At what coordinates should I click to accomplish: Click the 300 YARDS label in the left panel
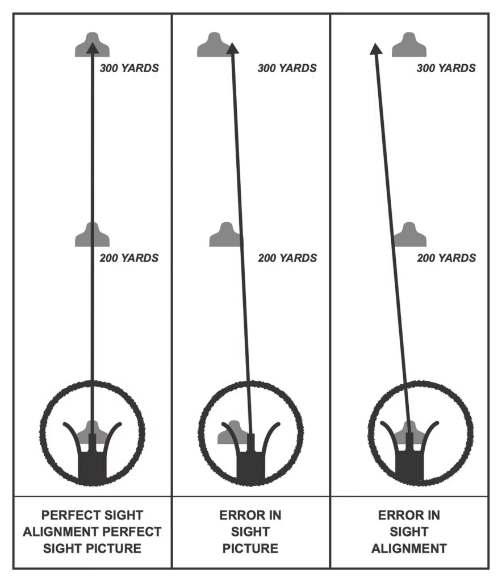(129, 68)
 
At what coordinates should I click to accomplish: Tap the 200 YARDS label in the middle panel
(288, 258)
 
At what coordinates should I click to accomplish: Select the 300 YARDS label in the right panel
(446, 68)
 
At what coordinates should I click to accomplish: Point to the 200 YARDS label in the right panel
(447, 258)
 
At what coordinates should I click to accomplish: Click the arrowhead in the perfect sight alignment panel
(93, 48)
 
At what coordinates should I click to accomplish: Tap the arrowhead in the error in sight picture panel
(232, 48)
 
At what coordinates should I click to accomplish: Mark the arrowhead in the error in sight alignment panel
(376, 49)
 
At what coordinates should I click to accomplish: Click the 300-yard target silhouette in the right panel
(409, 44)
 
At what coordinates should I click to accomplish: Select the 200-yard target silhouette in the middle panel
(227, 235)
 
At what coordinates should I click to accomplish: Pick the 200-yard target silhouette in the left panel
(93, 235)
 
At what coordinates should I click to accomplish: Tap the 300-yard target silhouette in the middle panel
(214, 44)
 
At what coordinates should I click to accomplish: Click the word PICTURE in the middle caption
(250, 548)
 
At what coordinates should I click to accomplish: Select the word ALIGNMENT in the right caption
(409, 548)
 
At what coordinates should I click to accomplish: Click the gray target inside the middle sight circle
(232, 433)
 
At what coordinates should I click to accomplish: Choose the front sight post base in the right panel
(409, 466)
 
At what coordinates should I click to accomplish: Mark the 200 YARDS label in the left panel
(129, 258)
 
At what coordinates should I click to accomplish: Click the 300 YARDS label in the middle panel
(287, 68)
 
